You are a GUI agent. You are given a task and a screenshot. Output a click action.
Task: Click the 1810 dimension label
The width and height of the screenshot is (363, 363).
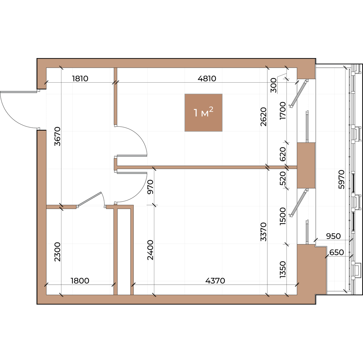80,79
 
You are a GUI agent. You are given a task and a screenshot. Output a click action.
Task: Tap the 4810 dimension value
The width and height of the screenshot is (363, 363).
207,79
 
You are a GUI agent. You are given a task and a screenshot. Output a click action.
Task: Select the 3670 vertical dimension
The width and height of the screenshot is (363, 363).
57,136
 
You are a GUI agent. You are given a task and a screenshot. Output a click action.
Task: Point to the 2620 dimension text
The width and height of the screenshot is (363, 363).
263,116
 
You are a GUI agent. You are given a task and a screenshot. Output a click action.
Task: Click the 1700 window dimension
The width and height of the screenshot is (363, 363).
283,111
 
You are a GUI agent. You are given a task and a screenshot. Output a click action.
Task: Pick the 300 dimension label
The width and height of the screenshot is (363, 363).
273,85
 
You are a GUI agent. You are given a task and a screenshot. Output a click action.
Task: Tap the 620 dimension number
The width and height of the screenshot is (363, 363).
283,154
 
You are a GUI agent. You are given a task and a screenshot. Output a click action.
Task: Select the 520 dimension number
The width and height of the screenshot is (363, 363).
283,178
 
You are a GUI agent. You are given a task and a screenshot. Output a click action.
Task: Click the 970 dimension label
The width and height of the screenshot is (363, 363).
150,187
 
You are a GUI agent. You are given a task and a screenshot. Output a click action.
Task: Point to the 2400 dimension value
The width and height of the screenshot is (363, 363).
150,250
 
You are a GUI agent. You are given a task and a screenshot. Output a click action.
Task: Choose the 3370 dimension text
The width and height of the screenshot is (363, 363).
263,232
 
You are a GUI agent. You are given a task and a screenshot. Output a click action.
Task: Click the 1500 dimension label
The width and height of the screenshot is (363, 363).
283,216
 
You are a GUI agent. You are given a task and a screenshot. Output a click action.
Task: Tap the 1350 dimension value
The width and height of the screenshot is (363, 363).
283,270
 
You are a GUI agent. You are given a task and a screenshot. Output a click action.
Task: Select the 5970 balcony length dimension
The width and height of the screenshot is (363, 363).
341,179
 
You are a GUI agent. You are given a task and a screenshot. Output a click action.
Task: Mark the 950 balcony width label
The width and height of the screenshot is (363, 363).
333,236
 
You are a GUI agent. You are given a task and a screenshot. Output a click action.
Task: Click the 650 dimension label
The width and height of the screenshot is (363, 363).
337,252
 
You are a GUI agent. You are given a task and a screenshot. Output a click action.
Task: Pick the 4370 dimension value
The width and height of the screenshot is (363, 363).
215,281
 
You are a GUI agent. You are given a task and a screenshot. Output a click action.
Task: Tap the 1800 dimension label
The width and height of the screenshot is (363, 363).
80,281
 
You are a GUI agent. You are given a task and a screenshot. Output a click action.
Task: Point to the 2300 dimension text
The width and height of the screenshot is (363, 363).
57,252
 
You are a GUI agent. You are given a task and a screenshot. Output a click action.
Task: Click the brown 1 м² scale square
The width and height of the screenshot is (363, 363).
204,113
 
